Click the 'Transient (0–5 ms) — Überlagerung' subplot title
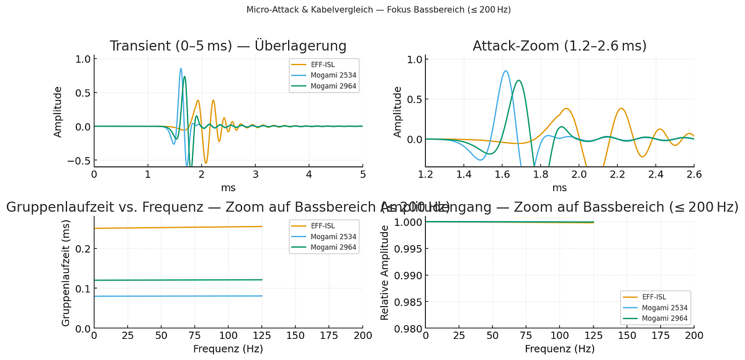click(x=228, y=46)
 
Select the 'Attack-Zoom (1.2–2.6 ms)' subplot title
click(x=559, y=46)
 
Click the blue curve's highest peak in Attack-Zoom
click(x=506, y=71)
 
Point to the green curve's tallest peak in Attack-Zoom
click(x=519, y=80)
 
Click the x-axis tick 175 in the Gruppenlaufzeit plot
click(x=329, y=336)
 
